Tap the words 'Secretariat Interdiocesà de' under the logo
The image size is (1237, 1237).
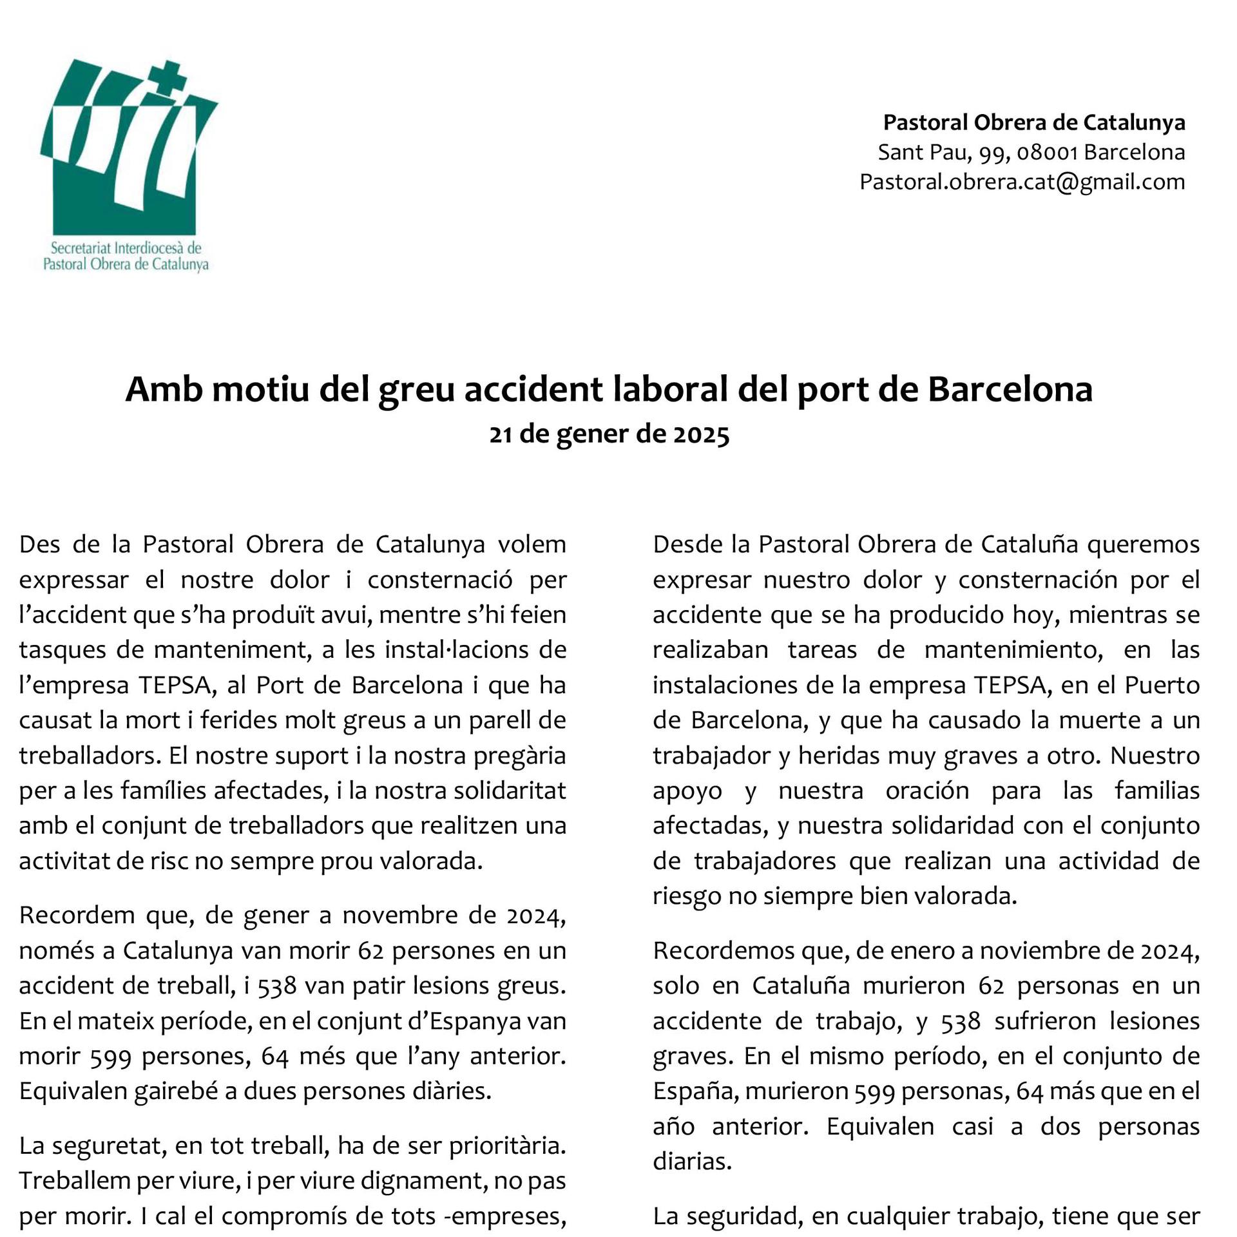click(x=126, y=248)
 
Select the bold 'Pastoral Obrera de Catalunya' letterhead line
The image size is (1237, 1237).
click(x=1033, y=122)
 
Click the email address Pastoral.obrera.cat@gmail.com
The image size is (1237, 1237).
click(x=1022, y=182)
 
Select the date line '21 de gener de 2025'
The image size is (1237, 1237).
click(x=609, y=435)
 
